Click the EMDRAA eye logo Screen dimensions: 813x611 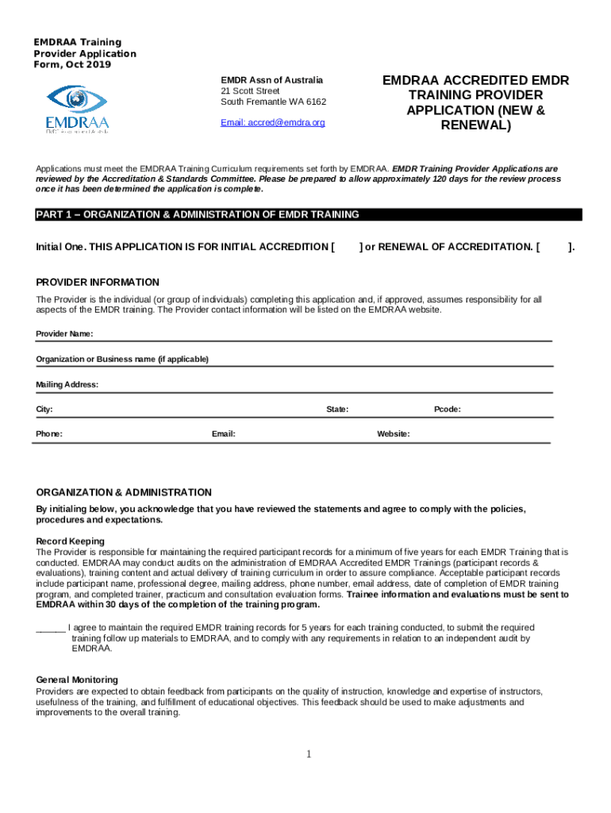coord(77,108)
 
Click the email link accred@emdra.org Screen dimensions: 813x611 coord(272,123)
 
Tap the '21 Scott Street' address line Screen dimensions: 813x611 coord(250,91)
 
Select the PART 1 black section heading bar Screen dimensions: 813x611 coord(309,215)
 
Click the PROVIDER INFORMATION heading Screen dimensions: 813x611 coord(98,283)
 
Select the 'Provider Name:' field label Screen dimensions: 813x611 coord(64,333)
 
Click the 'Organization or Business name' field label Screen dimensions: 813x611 coord(122,359)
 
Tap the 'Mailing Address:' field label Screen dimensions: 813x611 coord(67,384)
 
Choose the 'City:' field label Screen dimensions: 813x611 coord(44,410)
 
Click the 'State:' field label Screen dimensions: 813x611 coord(337,410)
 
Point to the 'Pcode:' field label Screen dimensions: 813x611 coord(448,410)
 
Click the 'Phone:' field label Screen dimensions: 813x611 coord(49,434)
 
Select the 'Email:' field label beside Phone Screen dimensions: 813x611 coord(223,434)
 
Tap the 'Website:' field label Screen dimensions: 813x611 coord(394,434)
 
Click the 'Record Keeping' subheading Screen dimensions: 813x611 coord(70,541)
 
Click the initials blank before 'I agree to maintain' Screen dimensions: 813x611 coord(51,628)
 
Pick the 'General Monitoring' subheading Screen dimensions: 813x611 coord(77,680)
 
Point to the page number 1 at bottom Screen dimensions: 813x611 coord(309,753)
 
